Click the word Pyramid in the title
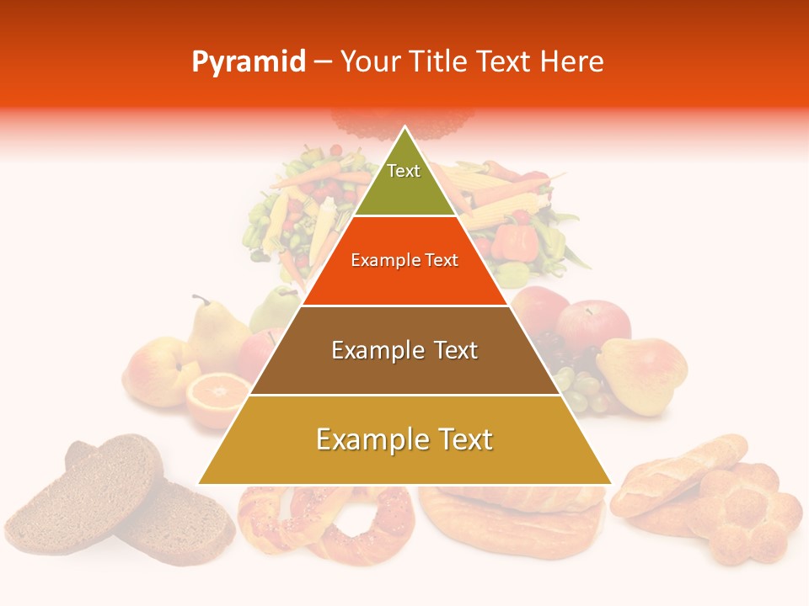click(x=249, y=62)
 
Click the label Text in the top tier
click(x=404, y=171)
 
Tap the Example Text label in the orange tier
click(x=404, y=260)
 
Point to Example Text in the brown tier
click(x=404, y=350)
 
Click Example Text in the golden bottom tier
click(x=404, y=439)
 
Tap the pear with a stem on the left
click(x=215, y=337)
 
